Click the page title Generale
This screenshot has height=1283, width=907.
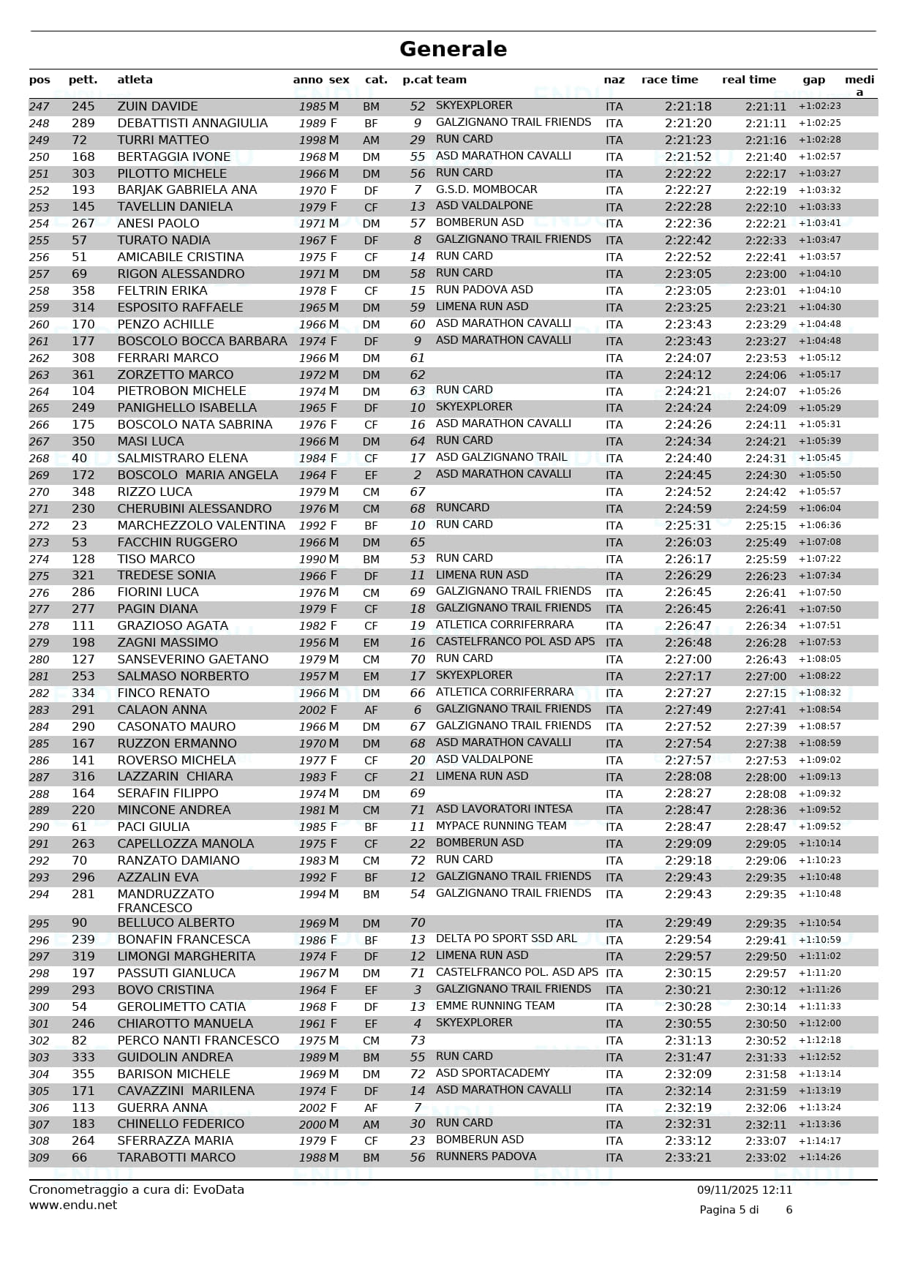(x=453, y=49)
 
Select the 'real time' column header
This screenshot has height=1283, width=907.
(x=748, y=80)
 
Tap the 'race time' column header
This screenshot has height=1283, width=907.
(x=669, y=80)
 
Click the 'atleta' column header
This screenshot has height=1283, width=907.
(x=135, y=80)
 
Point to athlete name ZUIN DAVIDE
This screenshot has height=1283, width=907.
(x=157, y=107)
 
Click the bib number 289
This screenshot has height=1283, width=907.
(x=83, y=124)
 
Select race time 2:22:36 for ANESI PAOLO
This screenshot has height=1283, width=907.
(x=688, y=224)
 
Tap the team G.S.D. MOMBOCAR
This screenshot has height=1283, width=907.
(x=486, y=189)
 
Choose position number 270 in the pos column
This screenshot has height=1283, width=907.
(x=39, y=492)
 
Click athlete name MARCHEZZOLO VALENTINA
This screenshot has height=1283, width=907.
(x=201, y=526)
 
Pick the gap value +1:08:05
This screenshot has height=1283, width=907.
(x=819, y=660)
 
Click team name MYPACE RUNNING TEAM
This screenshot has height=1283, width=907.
(x=501, y=826)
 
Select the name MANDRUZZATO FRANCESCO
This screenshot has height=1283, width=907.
(x=165, y=901)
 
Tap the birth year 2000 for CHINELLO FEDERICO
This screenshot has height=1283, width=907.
(x=312, y=1124)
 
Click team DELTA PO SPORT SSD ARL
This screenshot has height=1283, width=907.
(x=506, y=938)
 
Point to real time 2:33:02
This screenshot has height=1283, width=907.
(x=765, y=1158)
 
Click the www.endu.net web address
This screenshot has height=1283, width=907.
(x=72, y=1205)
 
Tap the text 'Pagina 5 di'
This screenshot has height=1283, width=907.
(x=729, y=1210)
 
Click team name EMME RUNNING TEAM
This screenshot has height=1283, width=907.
(x=495, y=1006)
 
